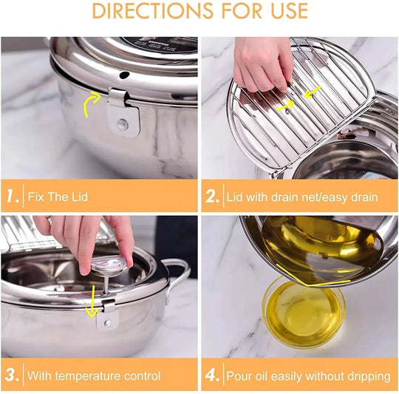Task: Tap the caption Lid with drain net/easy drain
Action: pyautogui.click(x=301, y=197)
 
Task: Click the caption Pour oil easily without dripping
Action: pyautogui.click(x=308, y=376)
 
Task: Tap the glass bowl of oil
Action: pyautogui.click(x=304, y=310)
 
